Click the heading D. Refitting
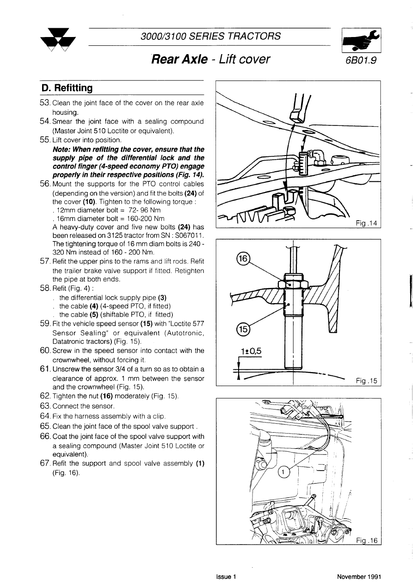(67, 87)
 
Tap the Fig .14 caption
(367, 224)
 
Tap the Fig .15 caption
(367, 381)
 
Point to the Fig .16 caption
(367, 541)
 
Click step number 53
(45, 103)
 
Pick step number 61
(45, 369)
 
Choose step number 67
(45, 464)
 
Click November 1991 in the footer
(359, 577)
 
